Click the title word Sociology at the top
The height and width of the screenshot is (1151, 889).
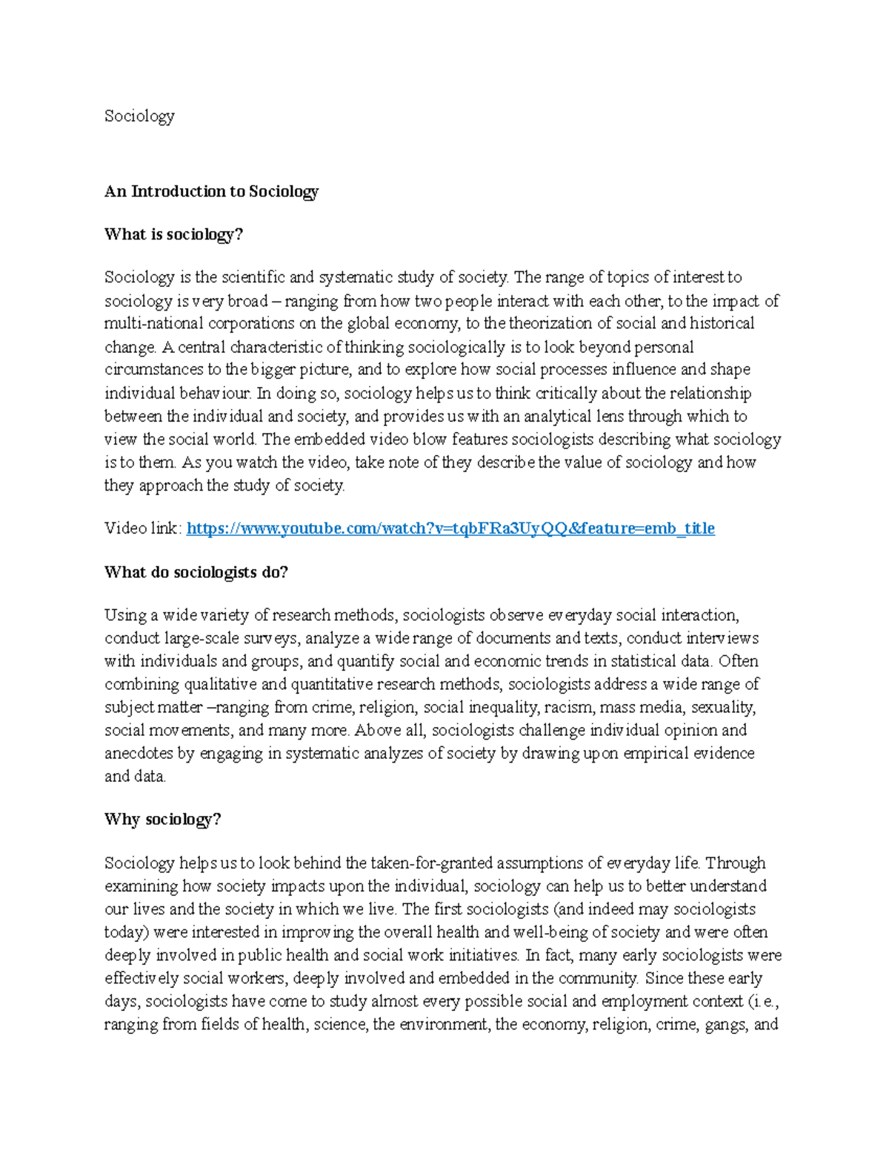point(139,116)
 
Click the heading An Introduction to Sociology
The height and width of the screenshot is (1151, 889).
point(211,191)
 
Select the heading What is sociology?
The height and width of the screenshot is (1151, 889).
point(173,234)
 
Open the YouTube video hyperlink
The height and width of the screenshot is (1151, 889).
point(450,528)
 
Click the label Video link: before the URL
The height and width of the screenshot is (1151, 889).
point(143,528)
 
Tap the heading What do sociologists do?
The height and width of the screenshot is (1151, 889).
point(196,572)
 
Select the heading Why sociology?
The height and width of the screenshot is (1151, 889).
point(162,819)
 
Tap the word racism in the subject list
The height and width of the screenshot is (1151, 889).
point(568,707)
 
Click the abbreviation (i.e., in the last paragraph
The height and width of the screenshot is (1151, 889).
point(762,1001)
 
